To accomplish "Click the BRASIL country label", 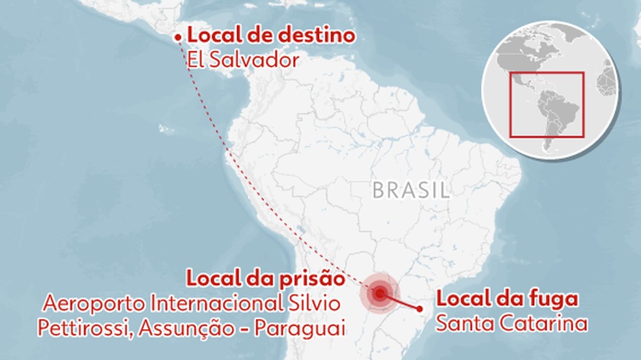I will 411,191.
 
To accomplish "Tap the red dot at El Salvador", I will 178,38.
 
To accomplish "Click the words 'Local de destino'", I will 271,36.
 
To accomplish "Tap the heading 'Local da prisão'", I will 265,279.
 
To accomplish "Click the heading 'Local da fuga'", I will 507,300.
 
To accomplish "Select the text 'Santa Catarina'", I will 511,323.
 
